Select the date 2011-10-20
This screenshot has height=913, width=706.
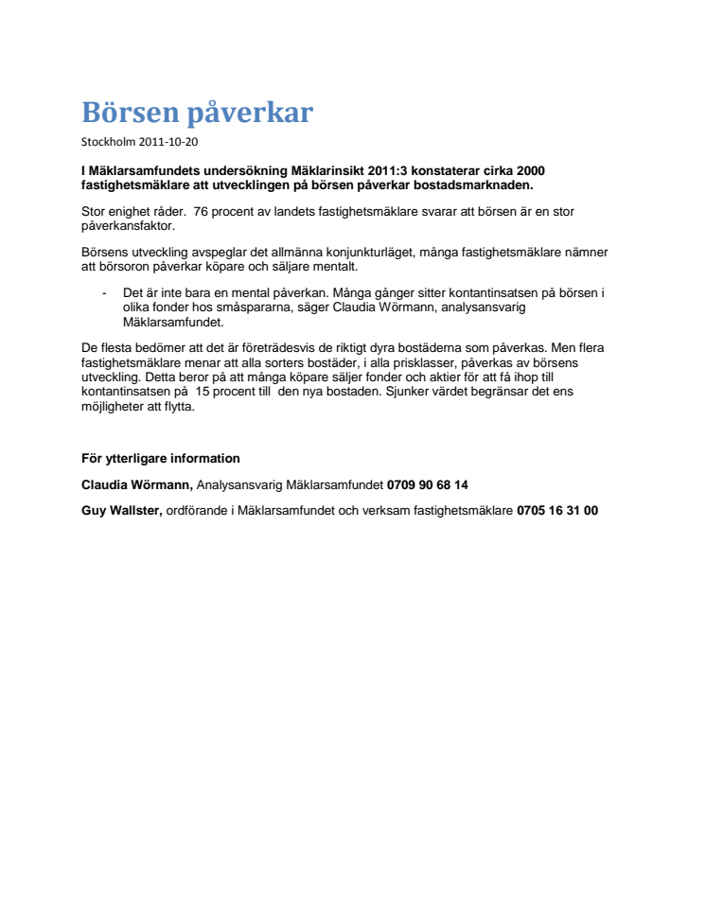[170, 142]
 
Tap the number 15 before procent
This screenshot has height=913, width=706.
[205, 392]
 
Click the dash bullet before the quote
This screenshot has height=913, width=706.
[103, 293]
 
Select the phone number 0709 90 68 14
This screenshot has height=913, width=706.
[428, 485]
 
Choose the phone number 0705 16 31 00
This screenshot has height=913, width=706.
[556, 511]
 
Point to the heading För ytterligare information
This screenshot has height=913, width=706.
[161, 459]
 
